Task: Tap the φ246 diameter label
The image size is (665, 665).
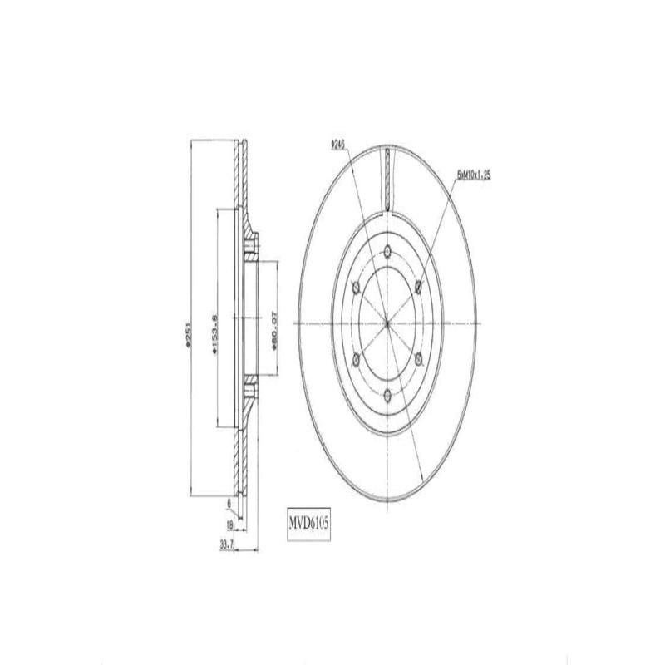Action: (x=337, y=144)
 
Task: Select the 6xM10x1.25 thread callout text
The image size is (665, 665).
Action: (x=473, y=176)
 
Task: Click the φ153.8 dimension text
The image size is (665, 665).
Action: (x=214, y=329)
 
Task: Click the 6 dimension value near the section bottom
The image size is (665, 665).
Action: (x=229, y=503)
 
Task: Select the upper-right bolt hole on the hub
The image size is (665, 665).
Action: (x=418, y=288)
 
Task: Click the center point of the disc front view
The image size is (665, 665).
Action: (x=388, y=323)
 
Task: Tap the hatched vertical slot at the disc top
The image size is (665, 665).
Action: (x=388, y=176)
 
